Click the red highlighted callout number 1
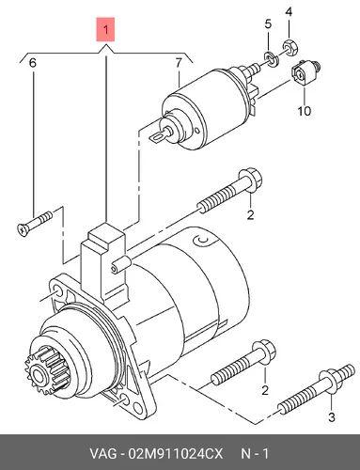pyautogui.click(x=105, y=30)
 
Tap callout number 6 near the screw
pyautogui.click(x=33, y=63)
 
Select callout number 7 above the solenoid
pyautogui.click(x=179, y=63)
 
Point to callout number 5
pyautogui.click(x=268, y=23)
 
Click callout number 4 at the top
pyautogui.click(x=289, y=12)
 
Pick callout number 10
pyautogui.click(x=304, y=111)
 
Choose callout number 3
pyautogui.click(x=332, y=417)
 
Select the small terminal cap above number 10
pyautogui.click(x=305, y=72)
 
